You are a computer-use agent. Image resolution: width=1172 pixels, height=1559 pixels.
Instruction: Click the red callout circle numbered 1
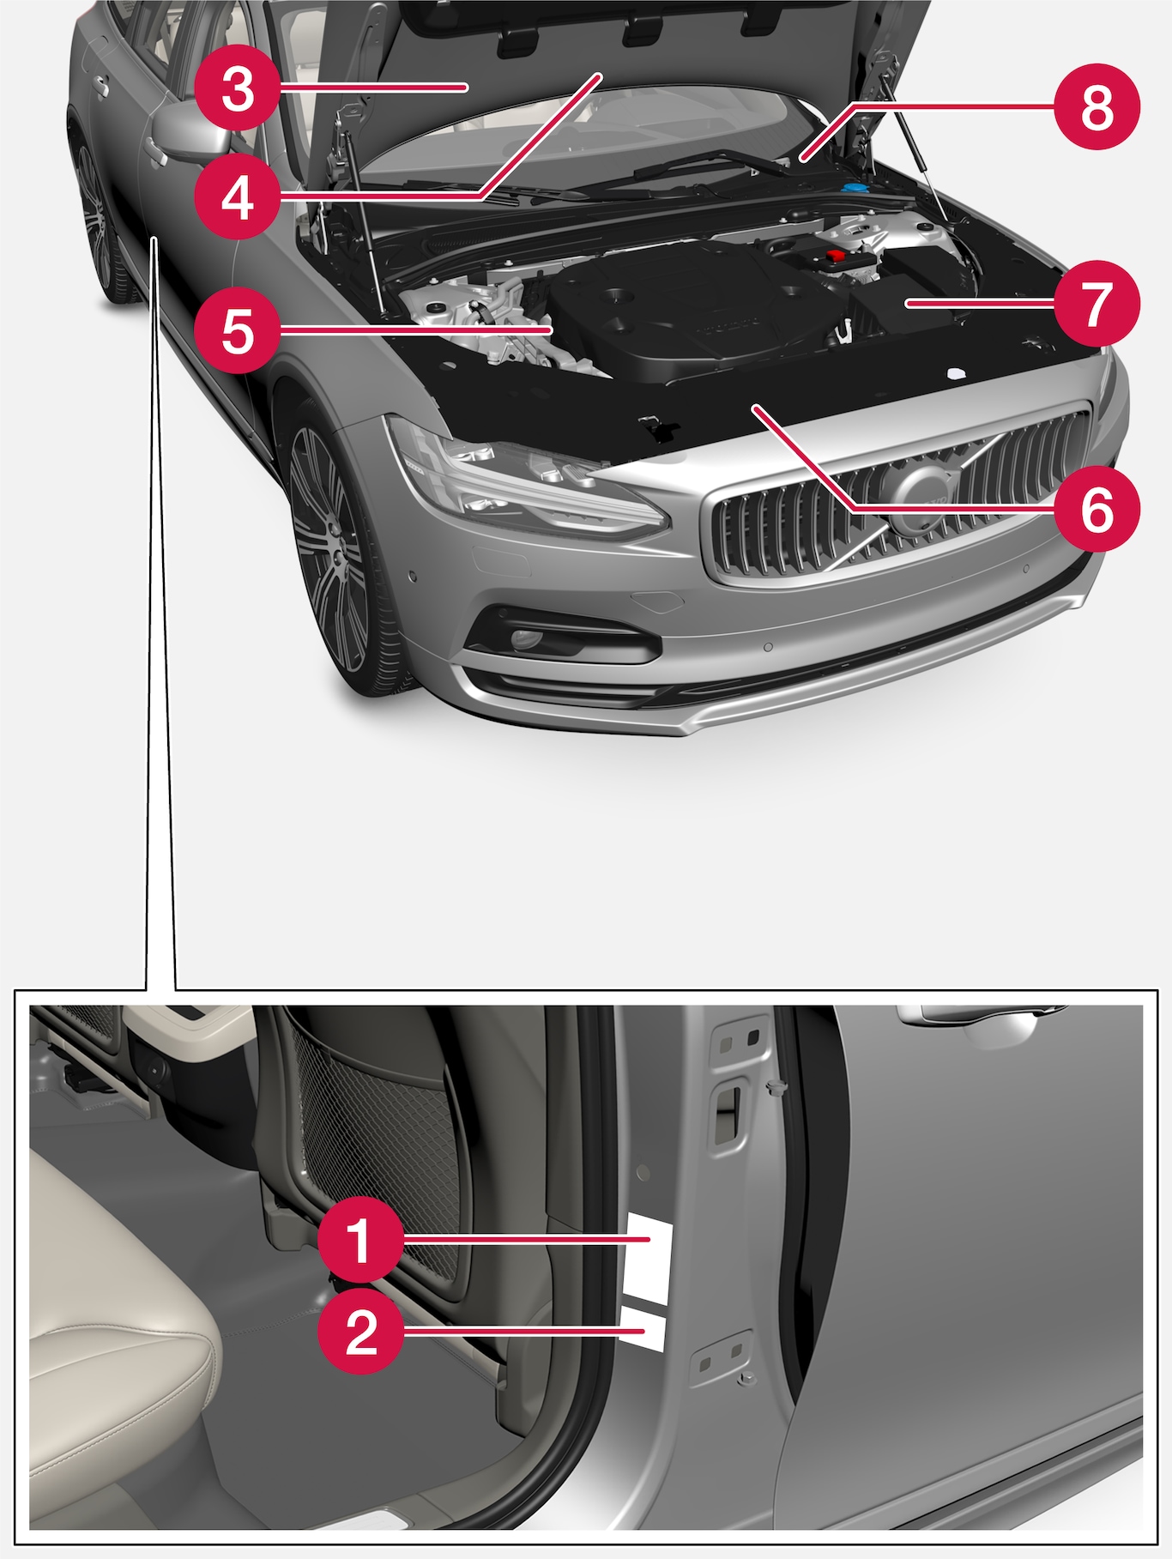(360, 1241)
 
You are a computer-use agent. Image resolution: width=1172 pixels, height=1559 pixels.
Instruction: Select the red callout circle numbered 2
(360, 1332)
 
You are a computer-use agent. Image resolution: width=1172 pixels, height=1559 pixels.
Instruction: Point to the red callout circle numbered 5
(238, 329)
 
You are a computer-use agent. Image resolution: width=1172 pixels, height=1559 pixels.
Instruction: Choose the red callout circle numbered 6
(1097, 510)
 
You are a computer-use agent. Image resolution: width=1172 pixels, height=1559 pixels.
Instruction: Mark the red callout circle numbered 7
(1097, 303)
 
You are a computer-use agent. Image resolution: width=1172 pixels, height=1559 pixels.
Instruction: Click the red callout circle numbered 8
(1097, 106)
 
